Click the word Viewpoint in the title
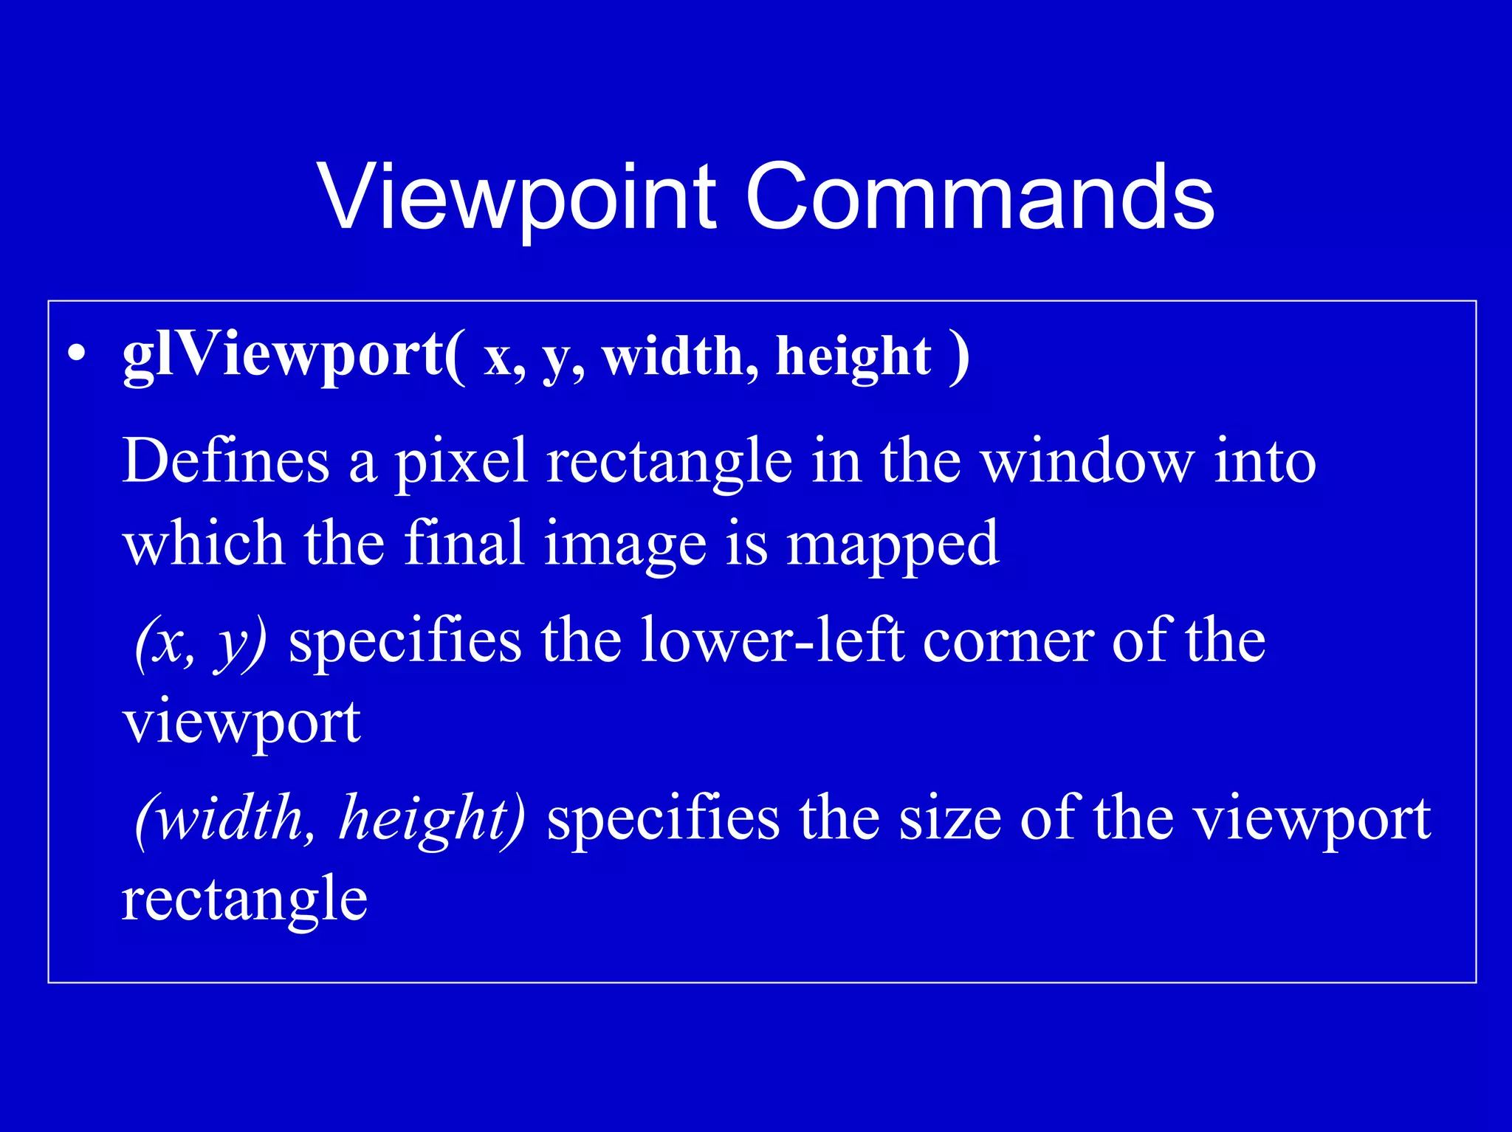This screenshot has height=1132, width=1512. point(517,198)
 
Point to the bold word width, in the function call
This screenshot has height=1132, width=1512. point(680,357)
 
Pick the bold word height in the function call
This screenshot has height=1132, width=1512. point(853,357)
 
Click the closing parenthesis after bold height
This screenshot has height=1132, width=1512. point(959,357)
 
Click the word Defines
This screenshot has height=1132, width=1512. point(225,461)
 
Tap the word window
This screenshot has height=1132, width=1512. point(1086,461)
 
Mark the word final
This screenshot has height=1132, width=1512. point(464,543)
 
